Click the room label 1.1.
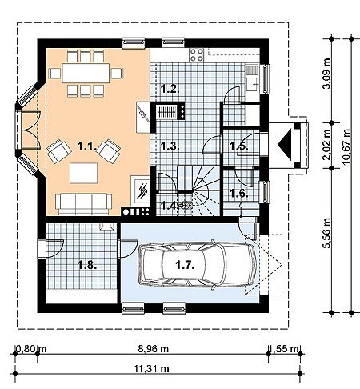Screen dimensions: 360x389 click(86, 146)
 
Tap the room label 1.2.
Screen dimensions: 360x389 click(170, 88)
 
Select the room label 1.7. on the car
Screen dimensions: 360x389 click(185, 265)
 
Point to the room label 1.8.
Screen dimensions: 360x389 click(86, 265)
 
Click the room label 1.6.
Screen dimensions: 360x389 click(239, 193)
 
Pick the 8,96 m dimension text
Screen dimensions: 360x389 click(154, 348)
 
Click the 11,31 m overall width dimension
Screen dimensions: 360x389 click(151, 368)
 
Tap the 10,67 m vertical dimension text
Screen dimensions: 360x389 click(346, 147)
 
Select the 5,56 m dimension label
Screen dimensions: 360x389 click(326, 233)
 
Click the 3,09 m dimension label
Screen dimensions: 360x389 click(326, 73)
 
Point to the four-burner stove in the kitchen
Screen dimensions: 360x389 click(197, 54)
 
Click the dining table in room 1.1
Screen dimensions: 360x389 click(86, 73)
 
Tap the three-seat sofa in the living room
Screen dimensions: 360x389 click(83, 204)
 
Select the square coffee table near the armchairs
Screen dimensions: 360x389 click(83, 173)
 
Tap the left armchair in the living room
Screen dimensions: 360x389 click(59, 151)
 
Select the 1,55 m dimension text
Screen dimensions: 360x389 click(284, 348)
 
